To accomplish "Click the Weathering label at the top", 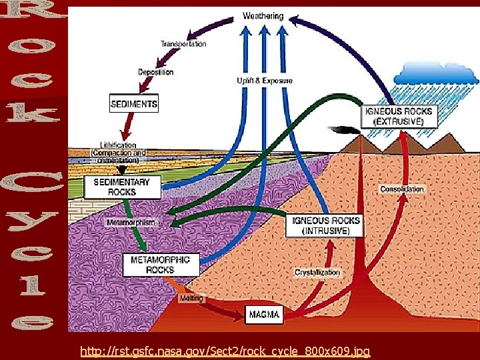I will tap(263, 15).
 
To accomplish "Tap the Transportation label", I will tap(183, 44).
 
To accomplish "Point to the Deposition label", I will tap(156, 72).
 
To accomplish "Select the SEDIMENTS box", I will tap(134, 104).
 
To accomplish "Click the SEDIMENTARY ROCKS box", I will tap(123, 187).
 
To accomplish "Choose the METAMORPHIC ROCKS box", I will tap(161, 265).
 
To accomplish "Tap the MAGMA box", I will tap(265, 313).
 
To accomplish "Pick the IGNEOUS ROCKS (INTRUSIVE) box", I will tap(327, 225).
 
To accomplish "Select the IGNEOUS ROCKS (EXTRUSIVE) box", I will tap(398, 117).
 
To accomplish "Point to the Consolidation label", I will tap(402, 189).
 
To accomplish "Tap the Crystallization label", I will tap(317, 273).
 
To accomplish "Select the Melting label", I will tap(191, 299).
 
